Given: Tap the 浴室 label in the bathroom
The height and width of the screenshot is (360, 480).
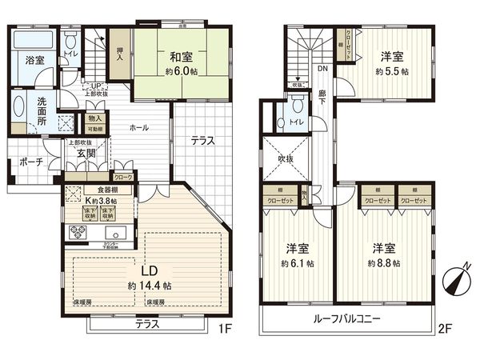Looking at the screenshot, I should point(34,61).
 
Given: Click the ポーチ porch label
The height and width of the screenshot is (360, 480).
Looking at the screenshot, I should point(30,162).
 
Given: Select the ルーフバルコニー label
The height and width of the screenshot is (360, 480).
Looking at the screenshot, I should point(346,318).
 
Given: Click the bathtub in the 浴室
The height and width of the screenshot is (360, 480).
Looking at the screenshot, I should point(34,42).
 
